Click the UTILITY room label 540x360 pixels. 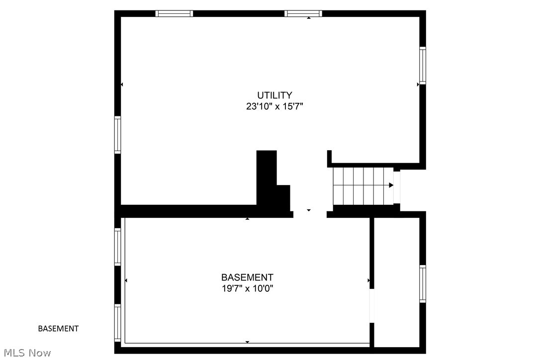pyautogui.click(x=274, y=95)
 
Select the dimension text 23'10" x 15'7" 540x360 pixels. pyautogui.click(x=274, y=106)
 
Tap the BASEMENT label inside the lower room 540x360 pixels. pyautogui.click(x=247, y=277)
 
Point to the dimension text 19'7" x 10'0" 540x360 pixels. pyautogui.click(x=247, y=288)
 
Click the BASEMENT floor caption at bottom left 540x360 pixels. pyautogui.click(x=58, y=328)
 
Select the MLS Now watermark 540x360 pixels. pyautogui.click(x=26, y=353)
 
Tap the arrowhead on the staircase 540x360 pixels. pyautogui.click(x=391, y=185)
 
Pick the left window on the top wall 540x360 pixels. pyautogui.click(x=174, y=13)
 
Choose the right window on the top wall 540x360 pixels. pyautogui.click(x=303, y=13)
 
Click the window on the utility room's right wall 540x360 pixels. pyautogui.click(x=423, y=65)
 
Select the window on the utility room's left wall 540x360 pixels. pyautogui.click(x=118, y=134)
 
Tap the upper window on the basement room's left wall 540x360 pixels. pyautogui.click(x=118, y=246)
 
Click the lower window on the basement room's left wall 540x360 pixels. pyautogui.click(x=118, y=323)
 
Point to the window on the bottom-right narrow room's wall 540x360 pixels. pyautogui.click(x=423, y=283)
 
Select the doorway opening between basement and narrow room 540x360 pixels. pyautogui.click(x=371, y=305)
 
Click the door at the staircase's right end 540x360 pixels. pyautogui.click(x=397, y=186)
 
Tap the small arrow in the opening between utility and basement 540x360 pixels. pyautogui.click(x=309, y=210)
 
